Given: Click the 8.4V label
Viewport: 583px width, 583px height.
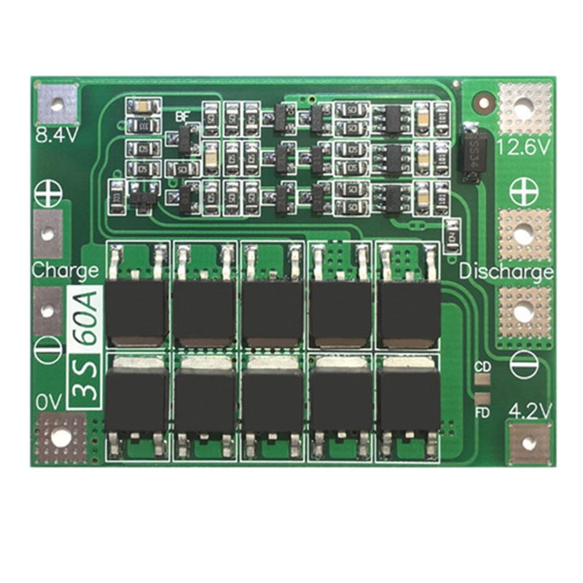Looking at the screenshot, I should [55, 136].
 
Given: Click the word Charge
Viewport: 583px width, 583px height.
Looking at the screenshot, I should [64, 271].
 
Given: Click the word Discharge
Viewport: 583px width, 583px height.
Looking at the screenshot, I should [506, 273].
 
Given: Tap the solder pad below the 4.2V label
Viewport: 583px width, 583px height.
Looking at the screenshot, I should [529, 442].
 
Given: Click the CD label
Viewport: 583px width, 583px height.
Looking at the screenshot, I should [482, 367].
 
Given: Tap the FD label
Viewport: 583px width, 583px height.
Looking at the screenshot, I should [482, 412].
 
